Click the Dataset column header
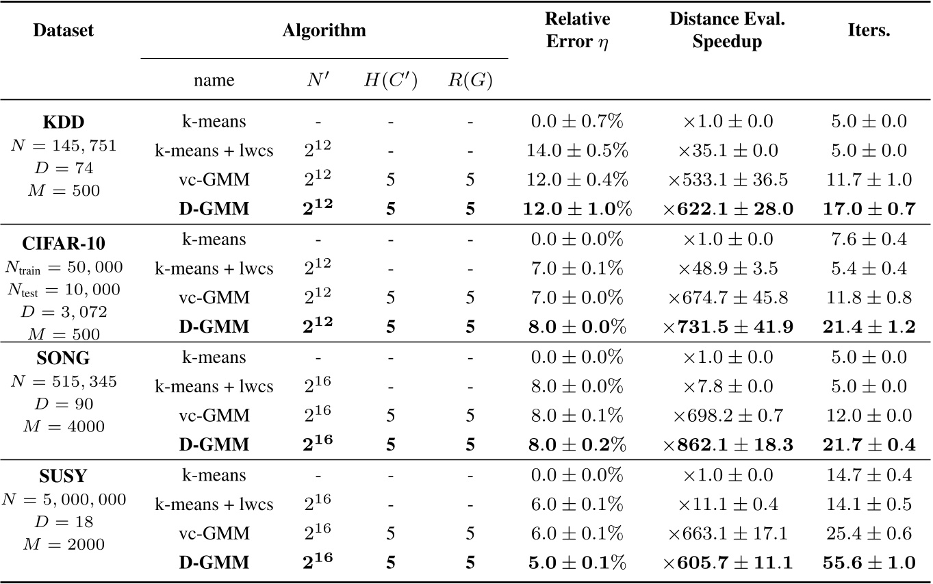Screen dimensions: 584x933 coord(63,31)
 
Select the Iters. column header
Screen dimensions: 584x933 coord(869,31)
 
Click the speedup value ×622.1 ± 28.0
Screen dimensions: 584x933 coord(728,210)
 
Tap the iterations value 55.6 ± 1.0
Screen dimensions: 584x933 coord(869,563)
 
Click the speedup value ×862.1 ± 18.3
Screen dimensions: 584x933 coord(728,445)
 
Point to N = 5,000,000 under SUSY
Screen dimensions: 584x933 coord(63,500)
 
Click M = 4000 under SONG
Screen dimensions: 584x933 coord(63,427)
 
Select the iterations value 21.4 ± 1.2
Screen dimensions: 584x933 coord(869,327)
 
